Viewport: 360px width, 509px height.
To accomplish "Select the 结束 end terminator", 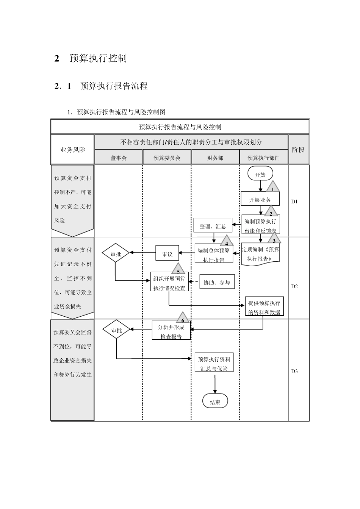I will coord(215,402).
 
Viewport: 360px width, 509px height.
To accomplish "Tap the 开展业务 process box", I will coord(260,199).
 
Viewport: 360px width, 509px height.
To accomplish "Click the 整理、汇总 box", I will coord(213,226).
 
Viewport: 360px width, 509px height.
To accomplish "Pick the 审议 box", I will coord(167,254).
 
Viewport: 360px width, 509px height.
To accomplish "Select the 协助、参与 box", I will coord(217,282).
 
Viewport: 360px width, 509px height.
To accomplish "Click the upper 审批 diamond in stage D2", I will coord(116,254).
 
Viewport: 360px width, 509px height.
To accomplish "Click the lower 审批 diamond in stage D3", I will coord(116,330).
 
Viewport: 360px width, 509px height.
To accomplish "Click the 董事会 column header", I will coord(119,158).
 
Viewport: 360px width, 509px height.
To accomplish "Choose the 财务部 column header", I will coord(215,158).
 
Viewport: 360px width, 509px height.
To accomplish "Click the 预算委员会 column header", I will coord(167,158).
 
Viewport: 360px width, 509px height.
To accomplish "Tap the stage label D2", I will coord(294,286).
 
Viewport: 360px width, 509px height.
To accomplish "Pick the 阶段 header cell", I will coord(298,150).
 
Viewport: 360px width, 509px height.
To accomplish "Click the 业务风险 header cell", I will coord(73,150).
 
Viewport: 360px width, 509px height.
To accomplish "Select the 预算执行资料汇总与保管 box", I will coord(214,364).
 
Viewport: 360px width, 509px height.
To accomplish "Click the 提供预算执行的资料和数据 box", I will coord(264,307).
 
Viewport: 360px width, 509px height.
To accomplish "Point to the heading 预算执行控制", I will coord(98,58).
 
